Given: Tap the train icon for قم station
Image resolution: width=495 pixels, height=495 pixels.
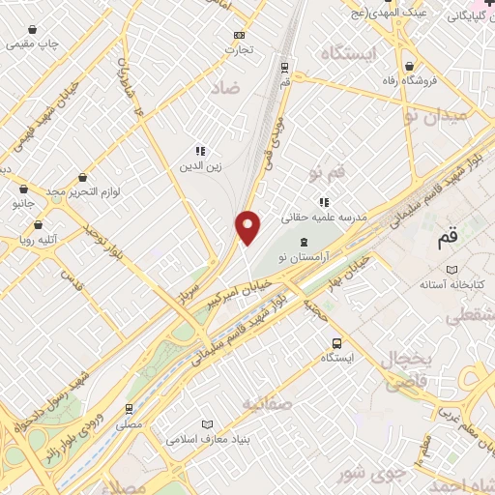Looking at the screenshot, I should (284, 67).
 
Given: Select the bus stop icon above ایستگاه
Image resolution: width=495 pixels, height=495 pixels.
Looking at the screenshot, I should (336, 342).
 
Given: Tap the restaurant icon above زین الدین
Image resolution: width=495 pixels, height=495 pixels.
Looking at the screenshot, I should (200, 151).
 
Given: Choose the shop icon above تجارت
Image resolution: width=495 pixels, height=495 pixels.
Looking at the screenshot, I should (237, 34).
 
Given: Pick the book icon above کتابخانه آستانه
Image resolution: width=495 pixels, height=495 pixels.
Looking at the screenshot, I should (451, 271).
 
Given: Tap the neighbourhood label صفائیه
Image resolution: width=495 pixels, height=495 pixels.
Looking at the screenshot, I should (266, 403).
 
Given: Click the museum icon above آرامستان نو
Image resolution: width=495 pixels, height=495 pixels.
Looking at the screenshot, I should (305, 241).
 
